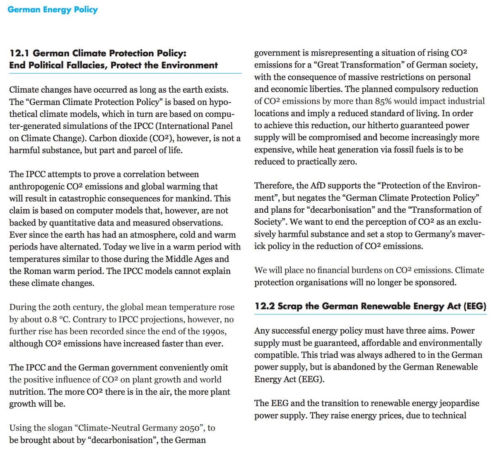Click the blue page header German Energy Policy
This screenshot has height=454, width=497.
click(x=52, y=10)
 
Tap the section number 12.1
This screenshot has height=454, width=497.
click(x=19, y=53)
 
